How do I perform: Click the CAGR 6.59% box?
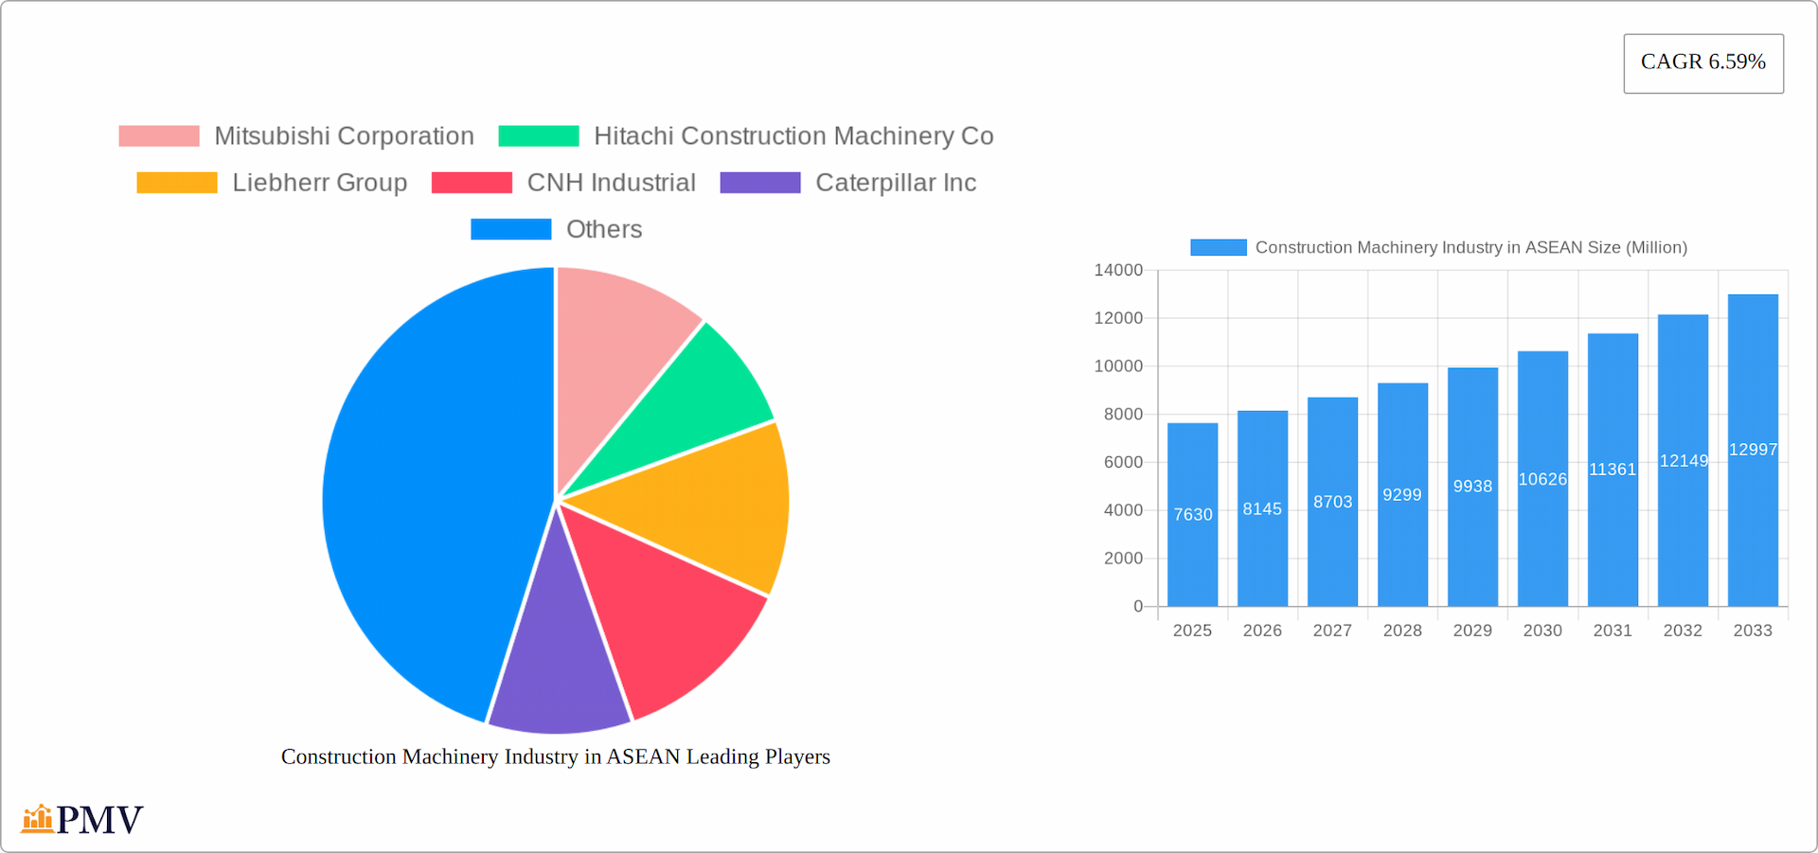tap(1702, 62)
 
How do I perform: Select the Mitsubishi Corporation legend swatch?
tap(159, 136)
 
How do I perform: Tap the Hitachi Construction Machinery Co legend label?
tap(793, 136)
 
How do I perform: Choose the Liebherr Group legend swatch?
tap(177, 183)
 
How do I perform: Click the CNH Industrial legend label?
tap(611, 183)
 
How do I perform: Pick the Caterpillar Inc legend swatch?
tap(760, 183)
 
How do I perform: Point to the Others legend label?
tap(604, 229)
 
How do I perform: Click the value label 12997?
tap(1753, 450)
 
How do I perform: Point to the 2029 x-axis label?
tap(1472, 631)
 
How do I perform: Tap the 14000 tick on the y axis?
tap(1118, 271)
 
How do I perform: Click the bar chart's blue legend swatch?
tap(1219, 247)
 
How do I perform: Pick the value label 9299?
tap(1402, 495)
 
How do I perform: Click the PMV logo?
tap(82, 819)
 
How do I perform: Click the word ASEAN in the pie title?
tap(643, 756)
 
